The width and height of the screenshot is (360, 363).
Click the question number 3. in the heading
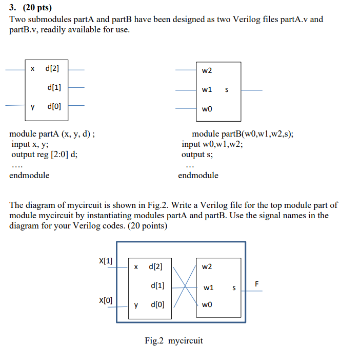pyautogui.click(x=13, y=8)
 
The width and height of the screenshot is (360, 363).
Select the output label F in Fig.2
pyautogui.click(x=257, y=284)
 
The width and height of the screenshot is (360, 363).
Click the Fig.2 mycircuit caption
pyautogui.click(x=174, y=340)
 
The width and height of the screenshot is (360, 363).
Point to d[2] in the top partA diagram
pyautogui.click(x=53, y=69)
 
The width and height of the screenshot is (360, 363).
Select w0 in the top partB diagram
pyautogui.click(x=207, y=109)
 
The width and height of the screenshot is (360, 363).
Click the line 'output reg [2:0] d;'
pyautogui.click(x=45, y=154)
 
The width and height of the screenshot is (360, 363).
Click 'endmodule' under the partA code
pyautogui.click(x=29, y=175)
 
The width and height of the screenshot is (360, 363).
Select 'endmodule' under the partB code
pyautogui.click(x=198, y=175)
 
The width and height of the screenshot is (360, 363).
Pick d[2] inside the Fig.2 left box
pyautogui.click(x=156, y=266)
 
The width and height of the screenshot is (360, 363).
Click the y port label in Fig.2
pyautogui.click(x=136, y=304)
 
